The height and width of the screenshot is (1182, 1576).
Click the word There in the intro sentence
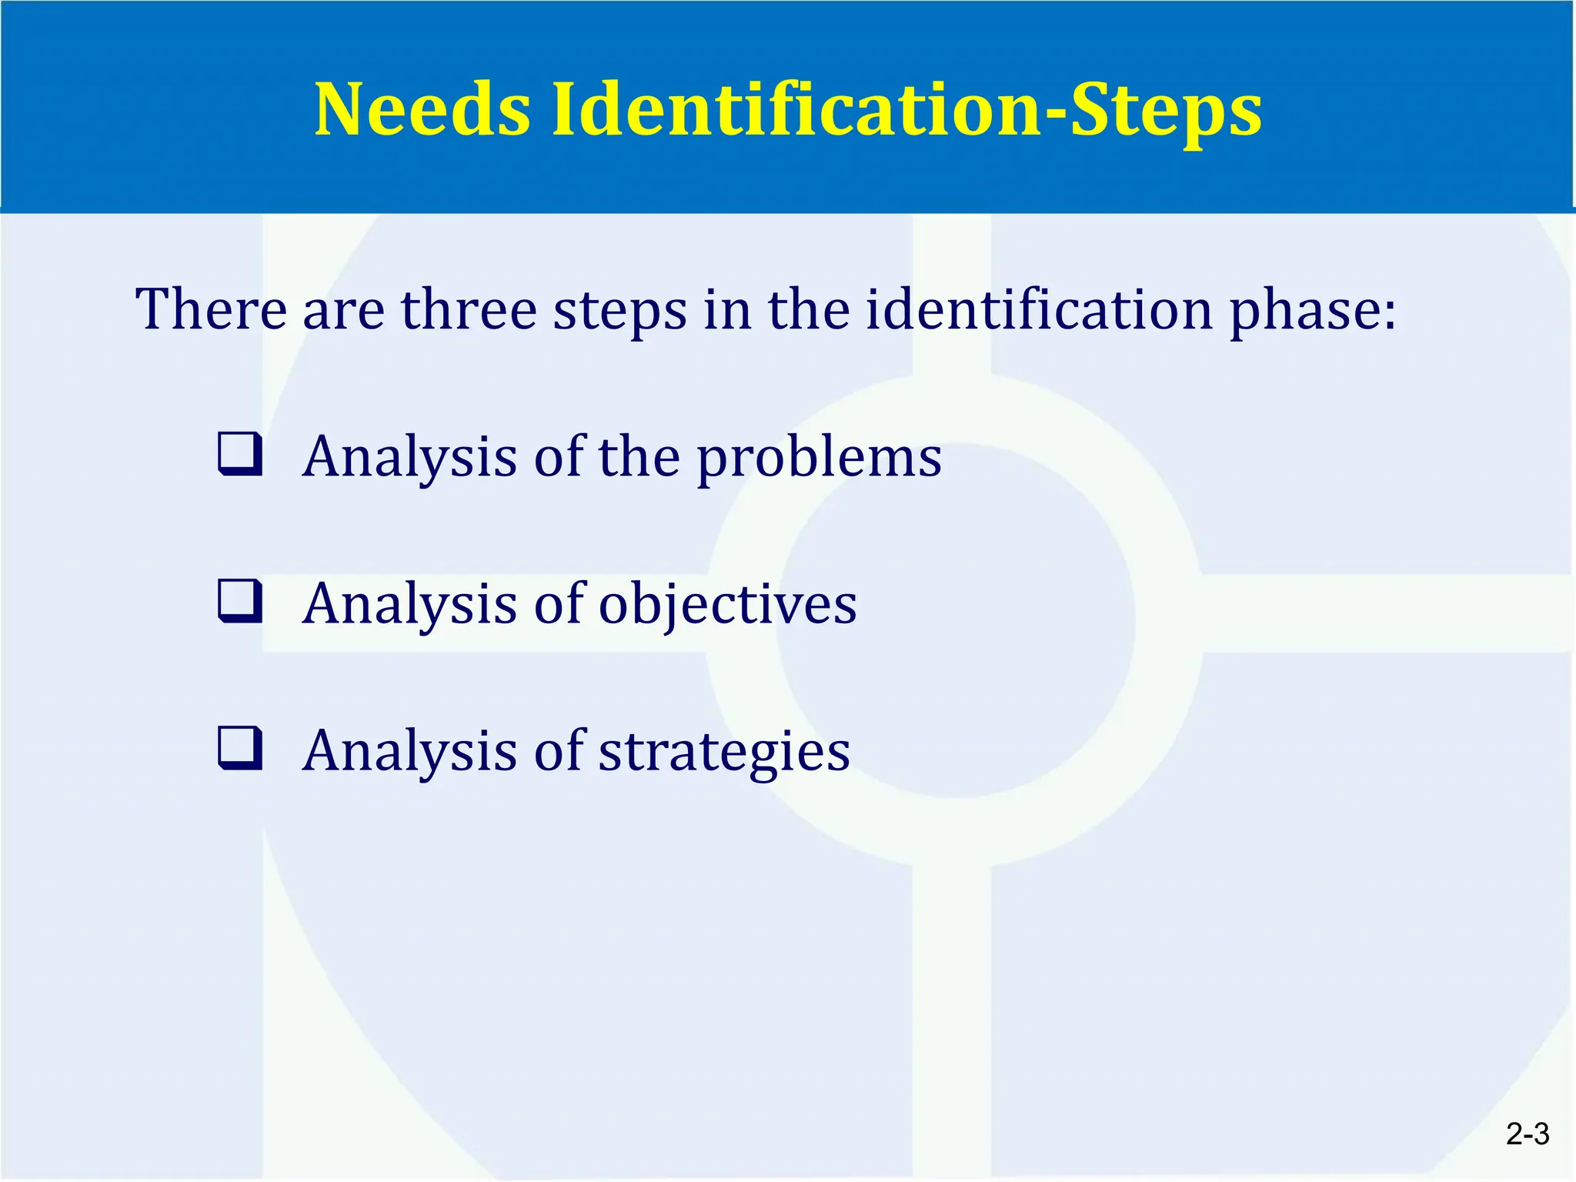point(210,309)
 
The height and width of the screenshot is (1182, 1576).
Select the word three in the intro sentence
point(468,309)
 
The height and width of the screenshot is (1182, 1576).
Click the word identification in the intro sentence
point(1038,309)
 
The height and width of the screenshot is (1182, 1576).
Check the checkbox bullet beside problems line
point(240,454)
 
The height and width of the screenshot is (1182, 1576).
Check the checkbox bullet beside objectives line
point(240,601)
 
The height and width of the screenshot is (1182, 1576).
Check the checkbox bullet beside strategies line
point(240,748)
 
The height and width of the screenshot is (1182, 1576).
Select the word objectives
point(727,605)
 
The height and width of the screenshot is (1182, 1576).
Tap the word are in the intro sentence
point(343,311)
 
